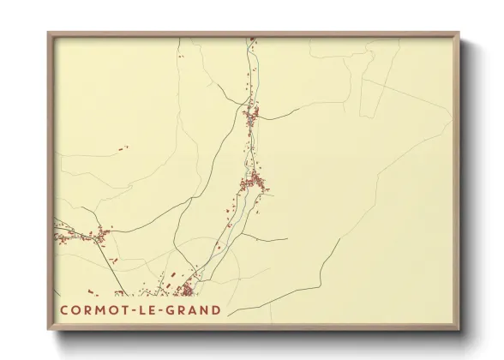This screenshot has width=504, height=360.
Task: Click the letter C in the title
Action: (65, 310)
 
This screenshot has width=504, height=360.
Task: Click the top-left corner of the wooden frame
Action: (48, 33)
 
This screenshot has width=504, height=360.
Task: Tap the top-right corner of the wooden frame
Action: (459, 33)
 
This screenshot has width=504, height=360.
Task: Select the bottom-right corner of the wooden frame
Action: (459, 330)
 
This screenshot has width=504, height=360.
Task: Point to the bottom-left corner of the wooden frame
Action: (48, 330)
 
